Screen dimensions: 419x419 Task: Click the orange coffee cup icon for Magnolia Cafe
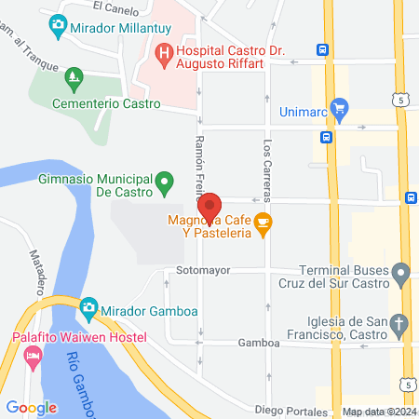[x=264, y=223]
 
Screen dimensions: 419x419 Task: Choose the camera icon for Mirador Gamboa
[x=88, y=306]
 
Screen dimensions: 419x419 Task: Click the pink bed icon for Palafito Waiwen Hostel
[x=33, y=355]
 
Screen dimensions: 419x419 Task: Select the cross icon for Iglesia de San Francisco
[x=399, y=324]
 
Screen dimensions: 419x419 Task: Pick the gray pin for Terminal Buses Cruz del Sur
[x=400, y=274]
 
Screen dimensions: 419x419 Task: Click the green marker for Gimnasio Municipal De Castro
[x=165, y=180]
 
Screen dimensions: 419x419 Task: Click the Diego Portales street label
[x=293, y=409]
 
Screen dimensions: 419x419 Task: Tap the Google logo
[x=31, y=407]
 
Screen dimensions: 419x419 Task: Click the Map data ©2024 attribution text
[x=379, y=412]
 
